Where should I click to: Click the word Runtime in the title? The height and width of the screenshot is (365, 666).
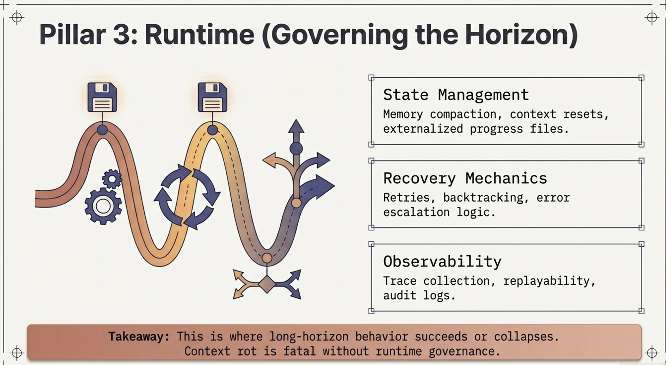click(199, 35)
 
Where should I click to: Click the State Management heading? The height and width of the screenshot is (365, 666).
click(456, 95)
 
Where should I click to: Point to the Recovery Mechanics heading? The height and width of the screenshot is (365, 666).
click(465, 178)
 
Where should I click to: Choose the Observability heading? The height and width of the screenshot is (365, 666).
click(442, 261)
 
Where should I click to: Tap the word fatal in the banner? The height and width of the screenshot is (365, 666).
click(299, 351)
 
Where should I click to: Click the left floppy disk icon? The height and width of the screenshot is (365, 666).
click(102, 97)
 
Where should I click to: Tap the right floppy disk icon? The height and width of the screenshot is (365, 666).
click(212, 97)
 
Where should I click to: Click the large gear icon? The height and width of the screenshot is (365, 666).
click(103, 206)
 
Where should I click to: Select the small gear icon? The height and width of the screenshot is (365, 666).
click(112, 179)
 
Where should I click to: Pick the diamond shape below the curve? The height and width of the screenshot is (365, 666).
click(267, 284)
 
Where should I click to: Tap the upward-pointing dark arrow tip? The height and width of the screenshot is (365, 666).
click(296, 126)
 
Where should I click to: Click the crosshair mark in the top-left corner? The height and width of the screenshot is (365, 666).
click(17, 17)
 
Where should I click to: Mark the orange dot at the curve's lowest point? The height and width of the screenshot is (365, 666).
click(267, 258)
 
